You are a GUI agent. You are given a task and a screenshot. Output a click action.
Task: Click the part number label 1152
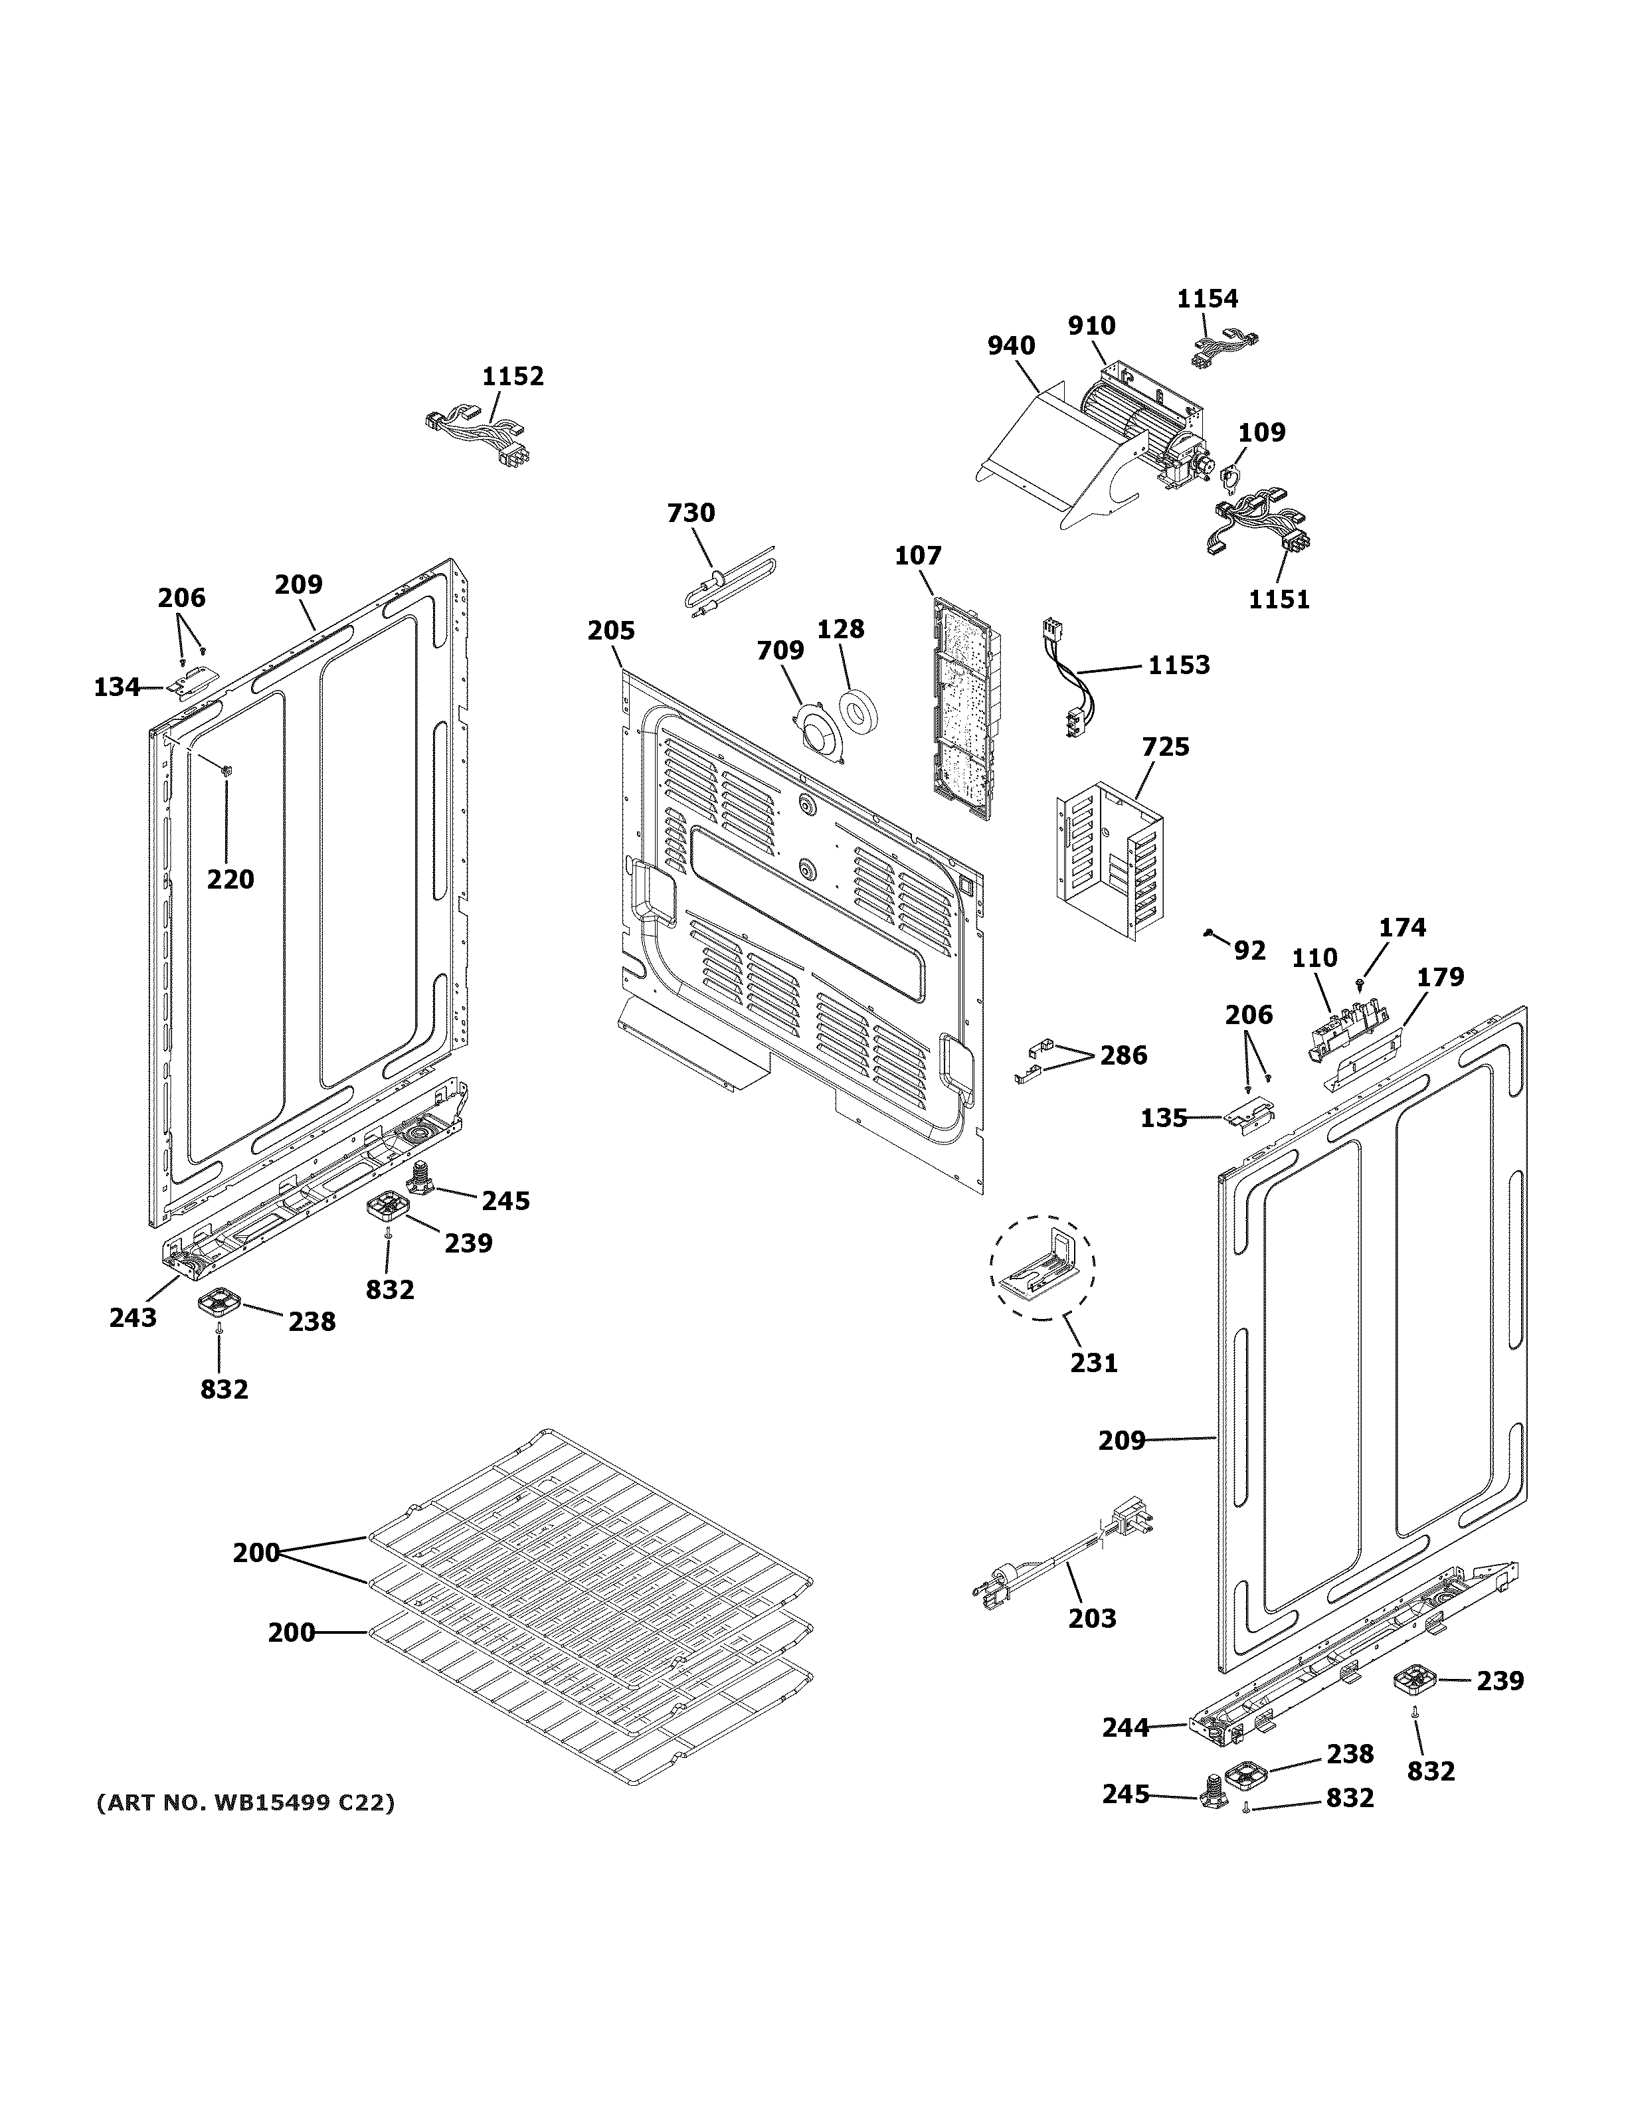[x=513, y=376]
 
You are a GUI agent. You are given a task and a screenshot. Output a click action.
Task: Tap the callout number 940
[x=1012, y=345]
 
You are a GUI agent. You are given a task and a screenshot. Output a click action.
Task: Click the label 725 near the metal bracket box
[x=1166, y=746]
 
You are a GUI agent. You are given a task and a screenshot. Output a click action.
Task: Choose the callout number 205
[x=612, y=631]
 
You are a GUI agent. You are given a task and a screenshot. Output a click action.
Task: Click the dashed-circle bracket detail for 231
[x=1042, y=1266]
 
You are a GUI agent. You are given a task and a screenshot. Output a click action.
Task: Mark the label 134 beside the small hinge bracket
[x=116, y=687]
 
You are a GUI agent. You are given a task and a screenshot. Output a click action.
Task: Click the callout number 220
[x=230, y=879]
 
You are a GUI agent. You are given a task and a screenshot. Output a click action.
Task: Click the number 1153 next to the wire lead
[x=1179, y=665]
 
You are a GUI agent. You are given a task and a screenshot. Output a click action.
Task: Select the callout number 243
[x=132, y=1317]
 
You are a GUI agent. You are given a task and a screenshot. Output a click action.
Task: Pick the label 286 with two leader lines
[x=1123, y=1056]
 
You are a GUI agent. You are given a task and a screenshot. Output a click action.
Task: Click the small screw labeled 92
[x=1208, y=932]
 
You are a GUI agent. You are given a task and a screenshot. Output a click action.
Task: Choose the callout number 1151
[x=1279, y=599]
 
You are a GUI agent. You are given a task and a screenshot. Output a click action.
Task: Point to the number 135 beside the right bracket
[x=1164, y=1118]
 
